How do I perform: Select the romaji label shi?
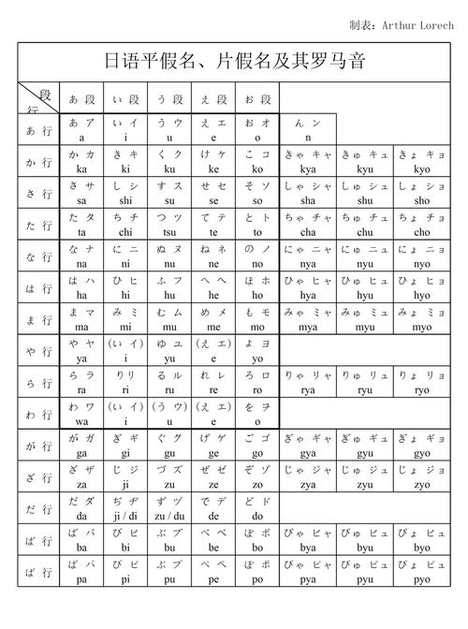point(124,200)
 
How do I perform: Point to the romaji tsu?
point(169,232)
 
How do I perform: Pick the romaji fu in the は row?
point(169,295)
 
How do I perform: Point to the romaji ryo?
point(422,390)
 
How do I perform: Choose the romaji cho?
point(422,232)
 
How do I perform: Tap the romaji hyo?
point(422,295)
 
